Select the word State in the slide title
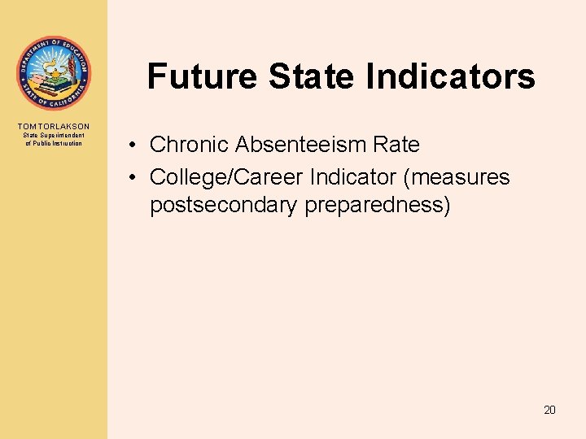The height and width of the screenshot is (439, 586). point(313,76)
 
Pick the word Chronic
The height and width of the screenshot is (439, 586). point(190,145)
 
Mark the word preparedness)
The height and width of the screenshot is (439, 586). point(377,205)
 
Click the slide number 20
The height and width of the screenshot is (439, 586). point(549,410)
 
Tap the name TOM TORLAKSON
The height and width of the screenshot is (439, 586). point(54,126)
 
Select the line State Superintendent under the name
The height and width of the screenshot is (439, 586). point(54,135)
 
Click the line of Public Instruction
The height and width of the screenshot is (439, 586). point(54,143)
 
